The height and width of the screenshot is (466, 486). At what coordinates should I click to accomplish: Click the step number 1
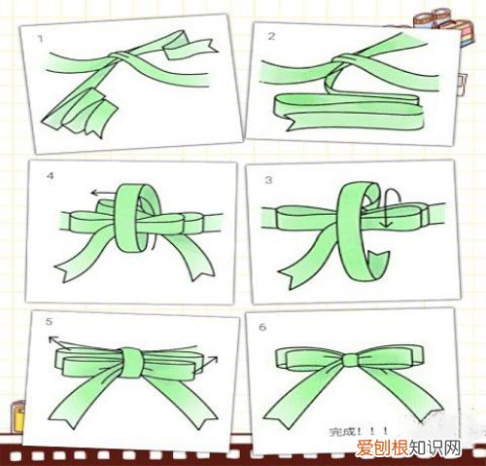[x=40, y=39]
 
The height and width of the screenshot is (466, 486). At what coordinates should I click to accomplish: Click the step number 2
[x=271, y=36]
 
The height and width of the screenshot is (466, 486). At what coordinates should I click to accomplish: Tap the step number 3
[x=268, y=180]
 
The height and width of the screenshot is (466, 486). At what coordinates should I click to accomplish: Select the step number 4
[x=50, y=176]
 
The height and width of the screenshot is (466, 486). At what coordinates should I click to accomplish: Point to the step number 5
[x=49, y=321]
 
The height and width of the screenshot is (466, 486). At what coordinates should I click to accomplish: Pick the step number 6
[x=262, y=327]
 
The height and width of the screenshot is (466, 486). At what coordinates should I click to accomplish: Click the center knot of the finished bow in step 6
[x=350, y=359]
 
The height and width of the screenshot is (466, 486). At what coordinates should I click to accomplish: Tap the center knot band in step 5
[x=132, y=363]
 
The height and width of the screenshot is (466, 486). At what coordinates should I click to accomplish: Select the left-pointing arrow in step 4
[x=103, y=194]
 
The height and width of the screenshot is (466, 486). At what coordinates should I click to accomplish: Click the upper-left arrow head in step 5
[x=52, y=340]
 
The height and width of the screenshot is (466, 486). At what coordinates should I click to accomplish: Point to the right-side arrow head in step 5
[x=213, y=359]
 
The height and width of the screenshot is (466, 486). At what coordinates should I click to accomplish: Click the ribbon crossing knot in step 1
[x=121, y=56]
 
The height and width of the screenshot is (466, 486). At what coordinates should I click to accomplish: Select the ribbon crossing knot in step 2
[x=343, y=60]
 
